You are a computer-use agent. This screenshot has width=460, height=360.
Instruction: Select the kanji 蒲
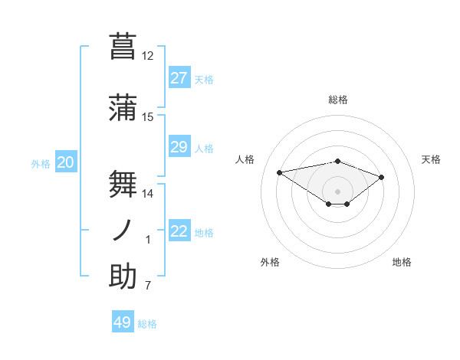(x=123, y=106)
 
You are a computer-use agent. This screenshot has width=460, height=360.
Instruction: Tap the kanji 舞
(x=123, y=182)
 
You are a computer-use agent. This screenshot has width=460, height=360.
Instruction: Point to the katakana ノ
(x=123, y=230)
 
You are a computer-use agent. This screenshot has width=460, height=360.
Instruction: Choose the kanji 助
(x=123, y=277)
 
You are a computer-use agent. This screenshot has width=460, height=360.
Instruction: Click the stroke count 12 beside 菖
(x=147, y=56)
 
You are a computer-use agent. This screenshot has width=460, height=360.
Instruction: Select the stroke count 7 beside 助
(x=148, y=286)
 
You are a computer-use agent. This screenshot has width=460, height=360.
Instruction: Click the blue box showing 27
(x=179, y=78)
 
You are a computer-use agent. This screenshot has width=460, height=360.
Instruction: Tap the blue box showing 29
(x=179, y=147)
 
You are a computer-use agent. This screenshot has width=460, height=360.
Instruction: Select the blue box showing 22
(x=179, y=231)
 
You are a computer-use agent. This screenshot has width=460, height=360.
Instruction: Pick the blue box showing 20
(x=66, y=162)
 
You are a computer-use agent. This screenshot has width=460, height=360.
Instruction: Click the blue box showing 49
(x=123, y=322)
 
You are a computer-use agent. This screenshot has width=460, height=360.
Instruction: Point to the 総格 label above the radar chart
(x=337, y=100)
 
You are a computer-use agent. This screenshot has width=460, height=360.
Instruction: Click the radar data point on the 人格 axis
(x=280, y=172)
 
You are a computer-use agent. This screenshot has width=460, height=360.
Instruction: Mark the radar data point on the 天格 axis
(x=381, y=177)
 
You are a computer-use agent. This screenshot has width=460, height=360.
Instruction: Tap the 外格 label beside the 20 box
(x=40, y=163)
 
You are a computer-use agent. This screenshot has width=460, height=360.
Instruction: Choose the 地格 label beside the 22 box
(x=204, y=232)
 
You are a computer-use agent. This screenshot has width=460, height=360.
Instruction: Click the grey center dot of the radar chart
(x=337, y=191)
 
